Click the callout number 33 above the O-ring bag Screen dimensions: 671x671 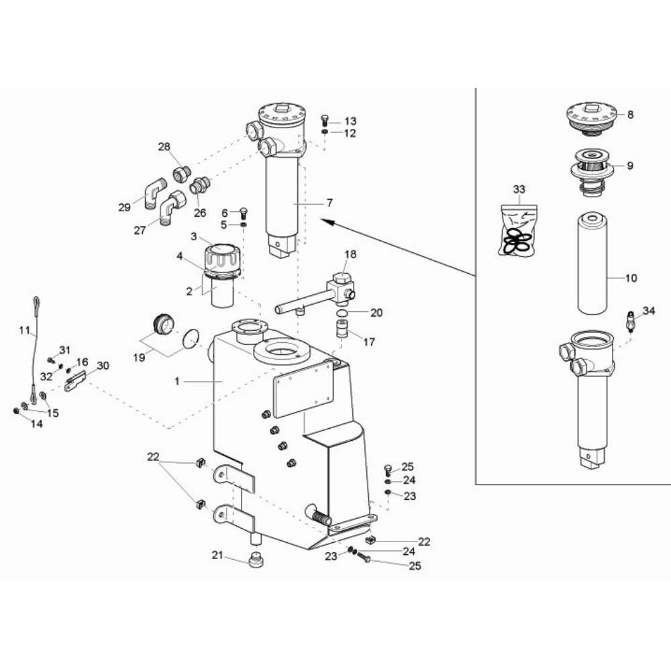pyautogui.click(x=519, y=190)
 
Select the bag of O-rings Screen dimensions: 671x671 pyautogui.click(x=519, y=231)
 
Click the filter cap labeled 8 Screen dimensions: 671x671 pyautogui.click(x=592, y=120)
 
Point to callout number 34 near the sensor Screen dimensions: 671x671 pyautogui.click(x=649, y=311)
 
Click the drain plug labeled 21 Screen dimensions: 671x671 pyautogui.click(x=256, y=560)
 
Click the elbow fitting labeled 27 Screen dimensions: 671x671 pyautogui.click(x=172, y=208)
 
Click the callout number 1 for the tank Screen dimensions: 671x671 pyautogui.click(x=177, y=381)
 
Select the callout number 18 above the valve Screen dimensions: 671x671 pyautogui.click(x=350, y=254)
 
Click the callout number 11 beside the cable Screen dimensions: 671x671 pyautogui.click(x=25, y=330)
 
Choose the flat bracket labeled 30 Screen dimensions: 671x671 pyautogui.click(x=75, y=380)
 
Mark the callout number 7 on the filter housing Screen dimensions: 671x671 pyautogui.click(x=329, y=203)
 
